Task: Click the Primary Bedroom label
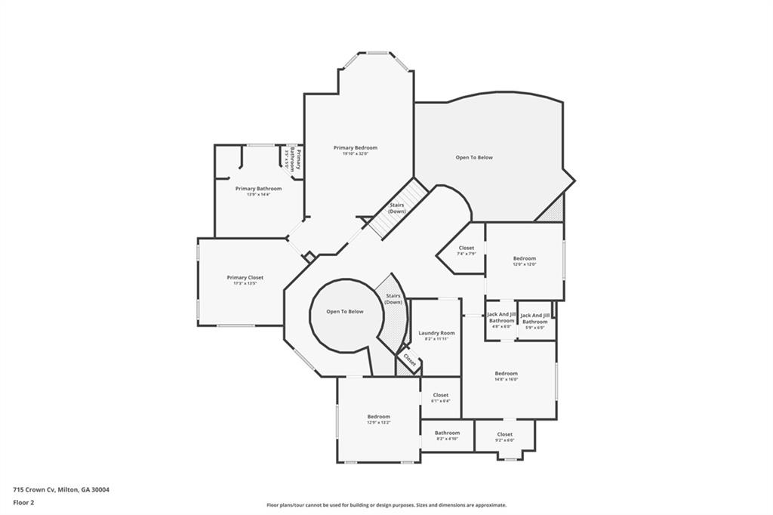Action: [x=355, y=148]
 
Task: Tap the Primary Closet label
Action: [x=245, y=278]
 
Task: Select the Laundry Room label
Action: [x=436, y=333]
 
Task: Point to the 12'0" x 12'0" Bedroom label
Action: [x=525, y=259]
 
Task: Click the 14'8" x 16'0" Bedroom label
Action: [x=506, y=374]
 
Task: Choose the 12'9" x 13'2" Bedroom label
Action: [x=378, y=417]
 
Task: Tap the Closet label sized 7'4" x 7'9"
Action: [x=466, y=248]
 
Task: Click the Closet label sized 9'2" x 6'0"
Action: [x=504, y=434]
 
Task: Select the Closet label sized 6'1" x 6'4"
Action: [x=440, y=396]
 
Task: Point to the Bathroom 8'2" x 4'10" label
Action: [x=447, y=433]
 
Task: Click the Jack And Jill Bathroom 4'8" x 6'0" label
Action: [x=501, y=318]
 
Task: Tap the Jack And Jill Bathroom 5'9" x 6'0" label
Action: [x=535, y=318]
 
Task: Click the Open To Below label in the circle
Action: [x=344, y=311]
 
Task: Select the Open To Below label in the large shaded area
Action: [x=474, y=158]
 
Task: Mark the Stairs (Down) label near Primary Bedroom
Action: [x=397, y=208]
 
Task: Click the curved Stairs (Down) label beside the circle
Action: [x=393, y=299]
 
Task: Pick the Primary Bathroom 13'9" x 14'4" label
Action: [x=258, y=189]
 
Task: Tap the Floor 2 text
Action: [x=23, y=501]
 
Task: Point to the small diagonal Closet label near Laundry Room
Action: [x=408, y=360]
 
